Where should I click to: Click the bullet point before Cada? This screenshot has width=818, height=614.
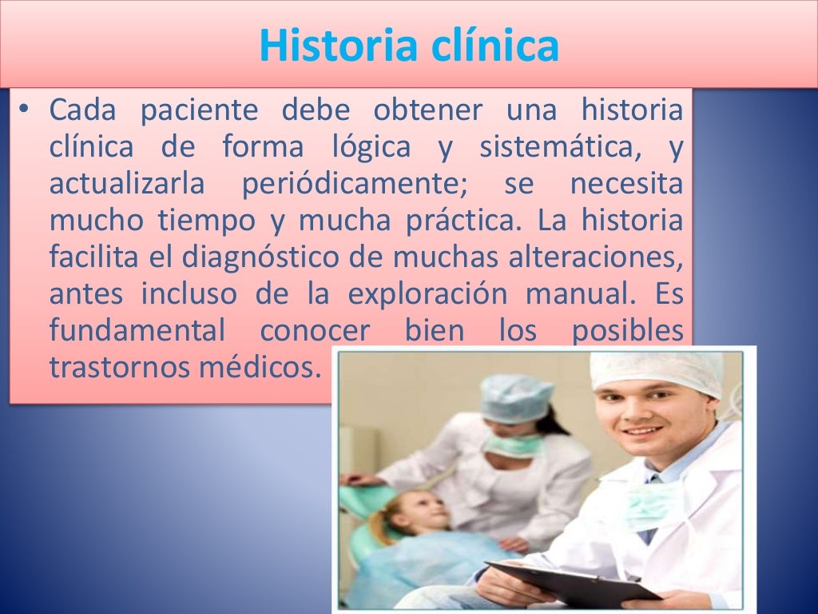click(x=25, y=111)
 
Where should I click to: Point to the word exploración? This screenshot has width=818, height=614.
click(x=427, y=295)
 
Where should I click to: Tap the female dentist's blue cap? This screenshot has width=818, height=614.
click(x=515, y=397)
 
